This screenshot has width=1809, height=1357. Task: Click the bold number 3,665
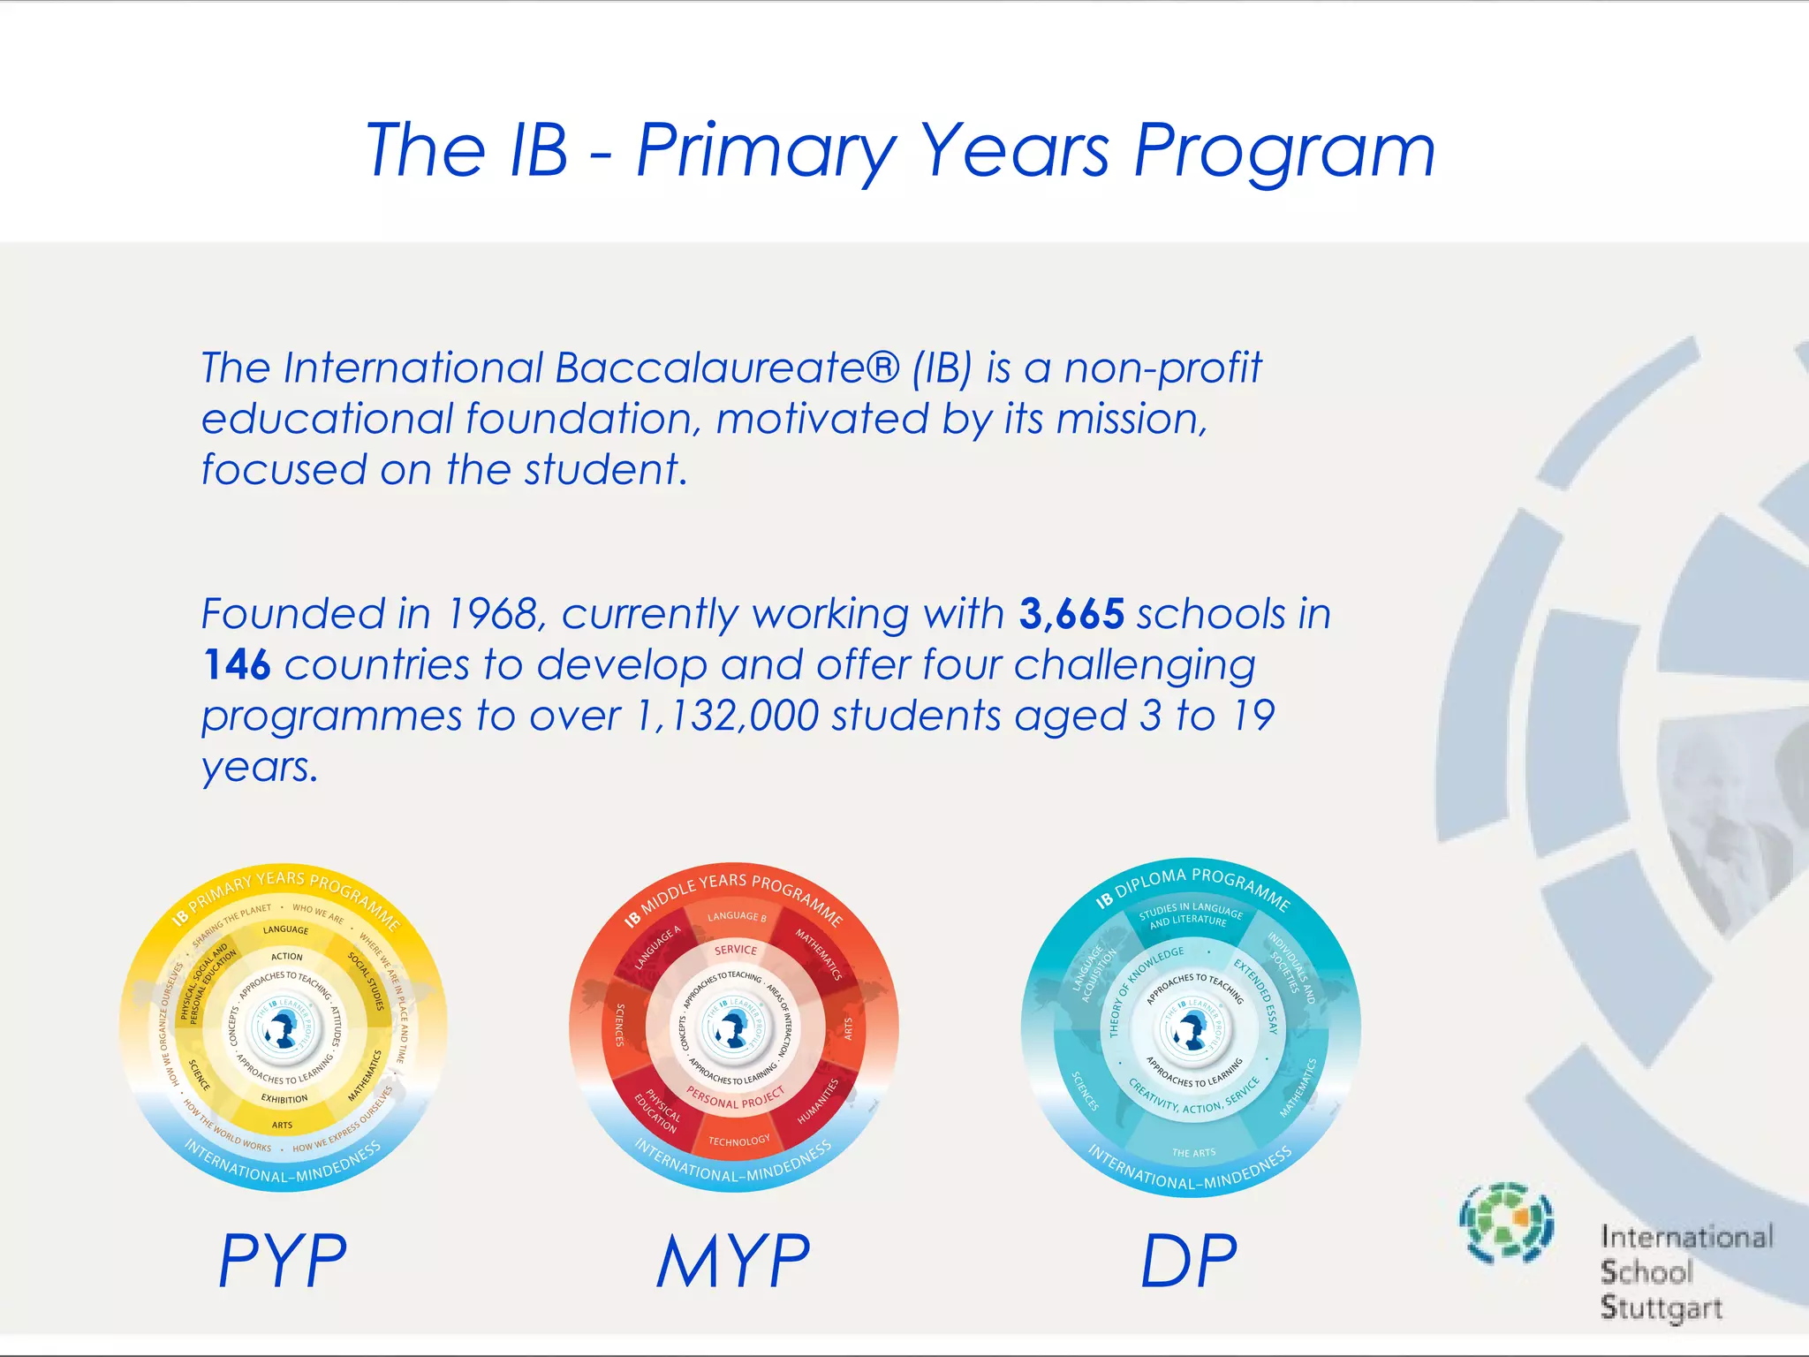tap(1071, 614)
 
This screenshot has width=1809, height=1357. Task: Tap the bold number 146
tap(236, 665)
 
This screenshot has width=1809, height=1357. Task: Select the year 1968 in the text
tap(492, 614)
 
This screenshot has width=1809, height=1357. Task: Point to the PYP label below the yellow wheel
tap(283, 1261)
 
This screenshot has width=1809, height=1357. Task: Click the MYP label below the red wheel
tap(733, 1261)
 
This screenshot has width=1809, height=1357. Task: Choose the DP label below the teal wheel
tap(1189, 1261)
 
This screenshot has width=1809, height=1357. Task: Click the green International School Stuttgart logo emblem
tap(1507, 1223)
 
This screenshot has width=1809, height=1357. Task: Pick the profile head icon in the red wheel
tap(733, 1027)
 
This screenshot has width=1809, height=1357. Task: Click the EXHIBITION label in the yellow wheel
tap(284, 1099)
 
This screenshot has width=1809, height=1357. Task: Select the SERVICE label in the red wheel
tap(736, 950)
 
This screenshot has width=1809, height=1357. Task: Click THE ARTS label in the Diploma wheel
tap(1193, 1153)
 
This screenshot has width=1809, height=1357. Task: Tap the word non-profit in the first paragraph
tap(1162, 368)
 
